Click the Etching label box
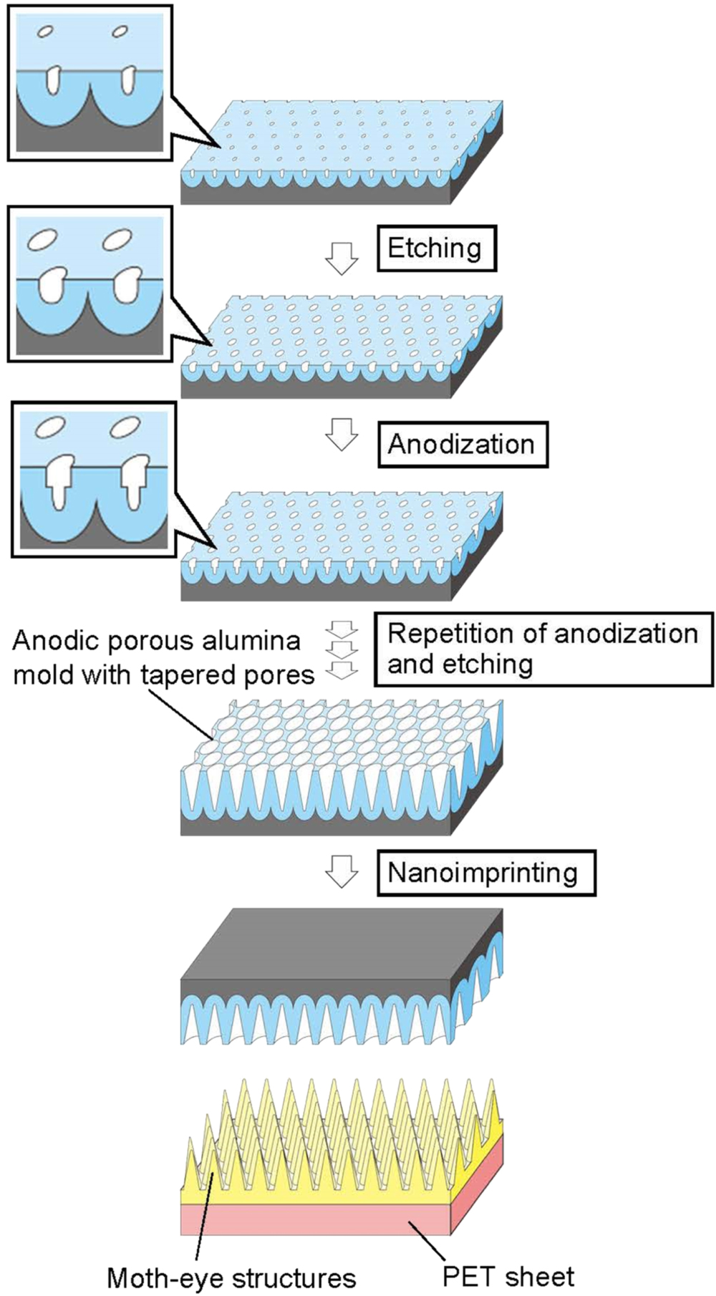(x=436, y=249)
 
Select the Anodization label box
(x=462, y=445)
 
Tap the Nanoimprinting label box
(x=485, y=872)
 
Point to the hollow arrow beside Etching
(x=342, y=258)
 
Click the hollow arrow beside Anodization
(x=342, y=435)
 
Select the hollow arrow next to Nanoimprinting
(x=342, y=871)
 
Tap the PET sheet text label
(x=508, y=1276)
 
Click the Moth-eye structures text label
(x=231, y=1277)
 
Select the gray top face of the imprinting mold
(x=344, y=942)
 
